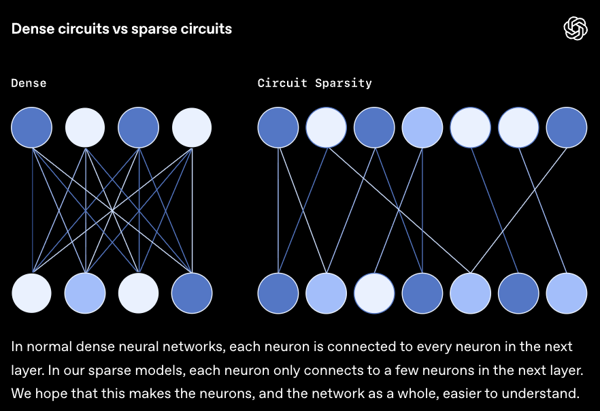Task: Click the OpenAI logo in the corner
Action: [x=575, y=29]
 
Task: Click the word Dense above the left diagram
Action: [x=29, y=83]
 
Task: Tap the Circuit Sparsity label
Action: [x=314, y=83]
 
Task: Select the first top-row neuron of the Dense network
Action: [x=31, y=127]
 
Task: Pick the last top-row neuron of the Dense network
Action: [x=192, y=127]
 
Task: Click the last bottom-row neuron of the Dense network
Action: [x=192, y=293]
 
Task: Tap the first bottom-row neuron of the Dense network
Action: [x=31, y=293]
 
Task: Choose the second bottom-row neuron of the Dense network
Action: [x=85, y=293]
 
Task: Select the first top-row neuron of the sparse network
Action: [x=278, y=127]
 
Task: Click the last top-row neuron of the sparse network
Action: [x=567, y=127]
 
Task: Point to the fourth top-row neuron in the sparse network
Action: [x=422, y=127]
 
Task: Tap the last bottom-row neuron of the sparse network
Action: [x=567, y=293]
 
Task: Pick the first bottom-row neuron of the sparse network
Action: [x=278, y=293]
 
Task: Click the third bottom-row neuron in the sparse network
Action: [x=375, y=293]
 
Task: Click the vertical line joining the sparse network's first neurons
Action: [x=278, y=211]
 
